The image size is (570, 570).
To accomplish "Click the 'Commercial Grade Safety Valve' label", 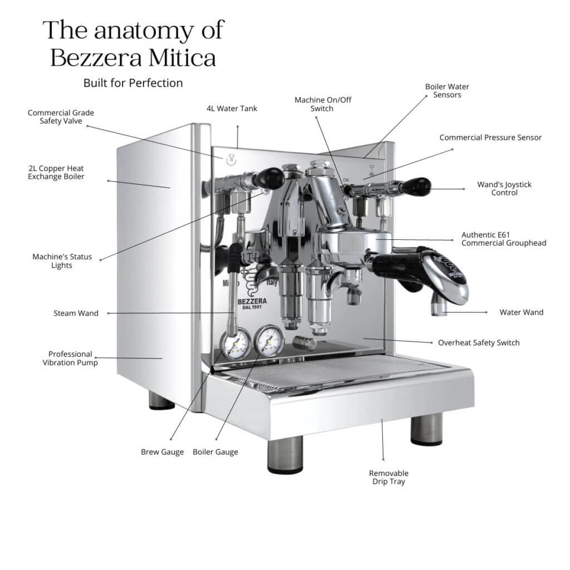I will click(x=61, y=116).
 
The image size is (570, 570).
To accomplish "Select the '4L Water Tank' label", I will click(x=232, y=109).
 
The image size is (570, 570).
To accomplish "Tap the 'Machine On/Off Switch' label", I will click(x=323, y=104).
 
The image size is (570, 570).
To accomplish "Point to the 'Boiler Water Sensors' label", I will click(x=447, y=91).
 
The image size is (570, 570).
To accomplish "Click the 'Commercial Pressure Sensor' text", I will click(x=490, y=137).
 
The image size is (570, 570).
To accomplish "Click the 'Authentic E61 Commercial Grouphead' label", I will click(x=503, y=239).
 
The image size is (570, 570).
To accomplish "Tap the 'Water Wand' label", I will click(x=521, y=312).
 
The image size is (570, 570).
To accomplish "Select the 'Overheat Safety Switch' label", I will click(x=479, y=342).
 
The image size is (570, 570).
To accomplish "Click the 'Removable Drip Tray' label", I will click(x=389, y=477).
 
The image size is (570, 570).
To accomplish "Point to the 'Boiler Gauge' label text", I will click(x=215, y=452).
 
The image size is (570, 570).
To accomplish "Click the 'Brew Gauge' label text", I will click(x=162, y=452).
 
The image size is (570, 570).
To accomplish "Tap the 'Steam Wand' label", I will click(x=76, y=313).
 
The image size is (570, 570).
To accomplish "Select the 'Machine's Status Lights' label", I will click(x=62, y=261).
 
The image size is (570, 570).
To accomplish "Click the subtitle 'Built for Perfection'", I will click(x=133, y=83).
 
